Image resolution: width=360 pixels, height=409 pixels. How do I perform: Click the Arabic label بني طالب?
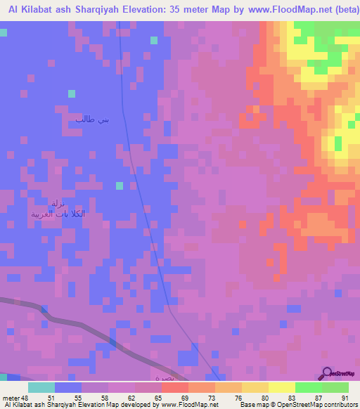[x=93, y=119]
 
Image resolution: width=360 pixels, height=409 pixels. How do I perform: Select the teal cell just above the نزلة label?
[x=120, y=186]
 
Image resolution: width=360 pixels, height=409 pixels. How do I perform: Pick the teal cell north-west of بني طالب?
[x=71, y=93]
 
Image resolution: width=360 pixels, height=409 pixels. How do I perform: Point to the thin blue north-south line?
[x=131, y=141]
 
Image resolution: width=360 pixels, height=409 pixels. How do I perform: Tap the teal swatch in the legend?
[x=41, y=387]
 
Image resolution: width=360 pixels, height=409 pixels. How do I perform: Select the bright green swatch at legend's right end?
[x=335, y=387]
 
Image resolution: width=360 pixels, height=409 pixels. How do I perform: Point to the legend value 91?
[x=344, y=397]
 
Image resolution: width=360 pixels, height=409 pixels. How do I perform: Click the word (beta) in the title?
[x=343, y=11]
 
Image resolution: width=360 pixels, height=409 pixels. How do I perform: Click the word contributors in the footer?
[x=341, y=405]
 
